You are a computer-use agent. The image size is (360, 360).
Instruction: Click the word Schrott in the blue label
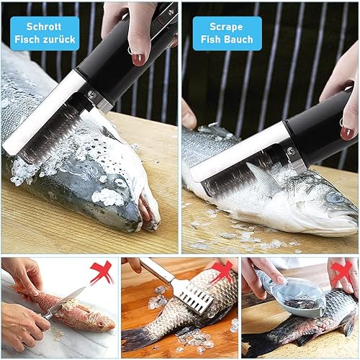(44, 27)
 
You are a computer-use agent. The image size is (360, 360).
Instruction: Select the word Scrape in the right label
(226, 27)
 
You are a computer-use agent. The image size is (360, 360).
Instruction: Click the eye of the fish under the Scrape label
(334, 198)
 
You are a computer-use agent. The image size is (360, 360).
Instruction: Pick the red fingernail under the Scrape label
(348, 133)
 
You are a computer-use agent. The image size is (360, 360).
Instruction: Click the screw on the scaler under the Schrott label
(91, 94)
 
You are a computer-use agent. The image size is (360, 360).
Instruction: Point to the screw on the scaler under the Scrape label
(292, 150)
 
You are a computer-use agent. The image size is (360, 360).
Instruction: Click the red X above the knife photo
(102, 272)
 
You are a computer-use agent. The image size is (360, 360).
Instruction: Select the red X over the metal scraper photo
(222, 272)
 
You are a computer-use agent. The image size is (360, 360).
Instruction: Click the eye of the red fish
(101, 324)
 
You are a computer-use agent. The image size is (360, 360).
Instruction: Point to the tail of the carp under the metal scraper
(135, 336)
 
